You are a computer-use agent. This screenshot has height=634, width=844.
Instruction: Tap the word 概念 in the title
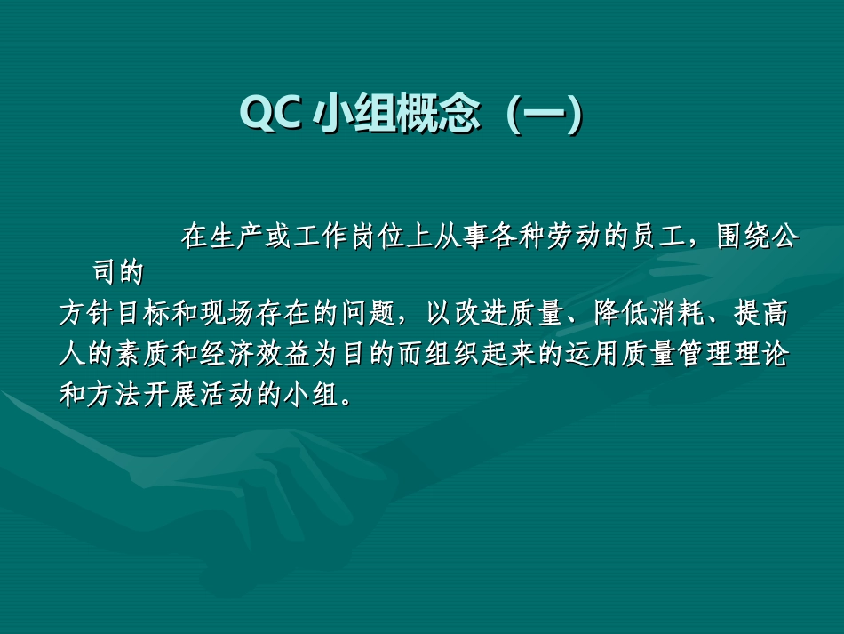[435, 115]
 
